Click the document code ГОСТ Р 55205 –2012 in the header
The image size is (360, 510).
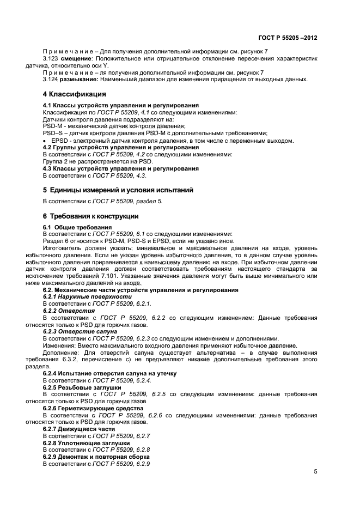288,38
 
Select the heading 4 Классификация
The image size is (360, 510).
75,94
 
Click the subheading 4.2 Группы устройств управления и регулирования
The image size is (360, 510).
120,147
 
